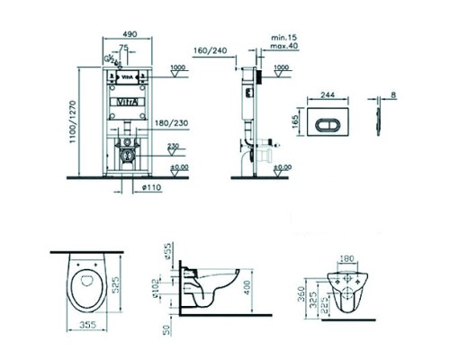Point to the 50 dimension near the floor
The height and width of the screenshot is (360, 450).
pyautogui.click(x=168, y=329)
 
